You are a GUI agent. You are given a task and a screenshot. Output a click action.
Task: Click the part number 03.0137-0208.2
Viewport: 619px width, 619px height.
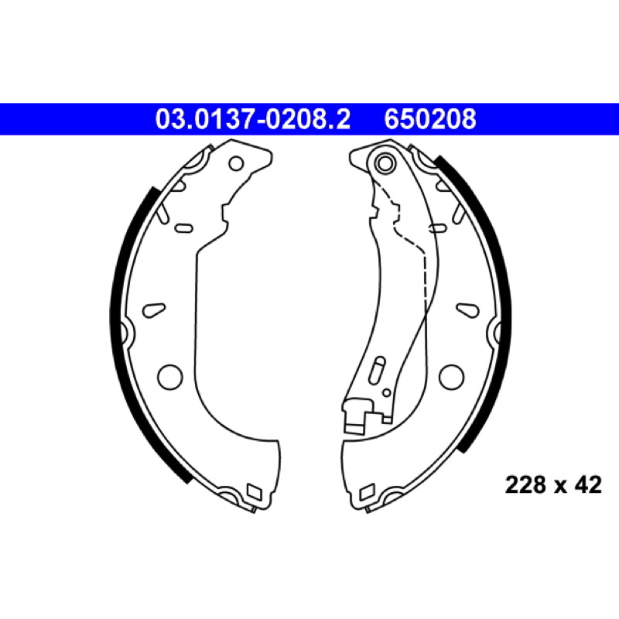[x=253, y=119]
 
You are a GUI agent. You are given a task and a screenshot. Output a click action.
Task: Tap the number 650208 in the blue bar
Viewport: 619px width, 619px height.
[x=430, y=119]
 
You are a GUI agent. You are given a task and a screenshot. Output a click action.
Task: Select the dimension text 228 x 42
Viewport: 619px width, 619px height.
[x=553, y=484]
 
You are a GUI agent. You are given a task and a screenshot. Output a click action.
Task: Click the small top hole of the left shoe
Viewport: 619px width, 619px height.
[x=237, y=163]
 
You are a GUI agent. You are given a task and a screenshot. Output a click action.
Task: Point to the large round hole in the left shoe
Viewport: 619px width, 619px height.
[x=170, y=377]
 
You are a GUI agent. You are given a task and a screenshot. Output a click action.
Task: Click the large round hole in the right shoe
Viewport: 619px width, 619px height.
[x=451, y=377]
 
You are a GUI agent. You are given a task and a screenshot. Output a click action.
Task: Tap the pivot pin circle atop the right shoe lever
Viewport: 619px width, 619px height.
[x=385, y=162]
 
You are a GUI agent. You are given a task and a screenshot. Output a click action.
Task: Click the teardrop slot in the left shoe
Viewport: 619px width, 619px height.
[x=153, y=309]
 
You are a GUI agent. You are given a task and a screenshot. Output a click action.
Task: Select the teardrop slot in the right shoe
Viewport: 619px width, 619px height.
[x=468, y=309]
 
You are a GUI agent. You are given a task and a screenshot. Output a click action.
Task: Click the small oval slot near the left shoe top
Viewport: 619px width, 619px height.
[x=183, y=228]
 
